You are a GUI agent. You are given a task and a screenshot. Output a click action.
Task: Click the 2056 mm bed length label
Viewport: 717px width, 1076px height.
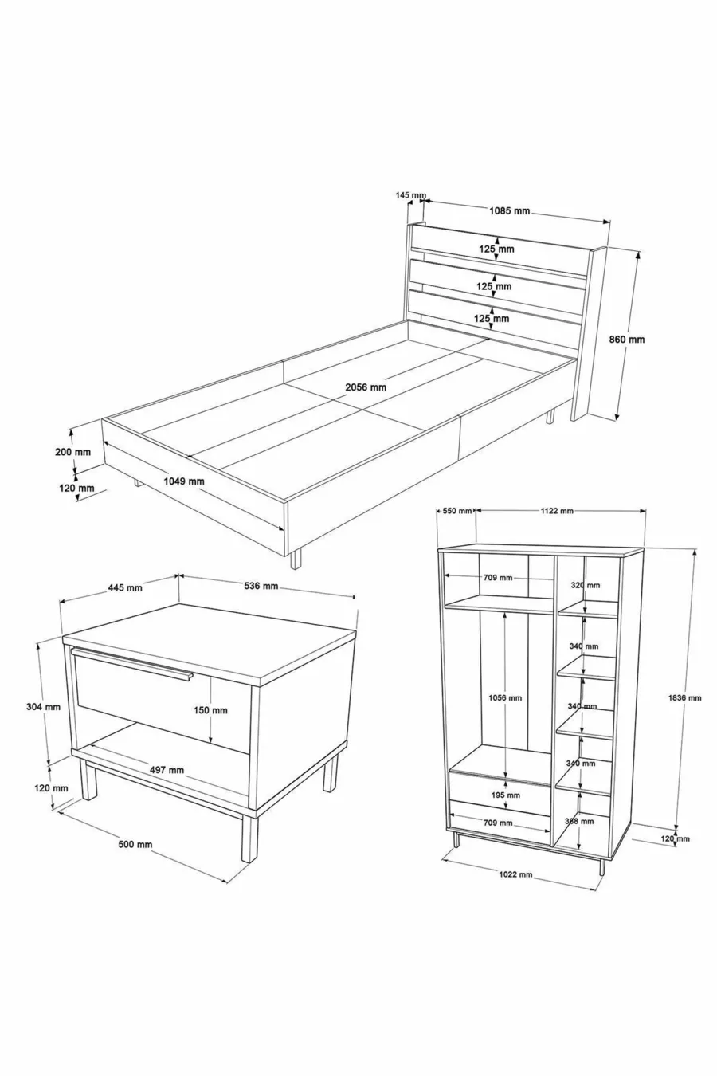coord(366,387)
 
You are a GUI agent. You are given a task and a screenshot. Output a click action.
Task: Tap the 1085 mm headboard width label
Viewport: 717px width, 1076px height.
coord(509,210)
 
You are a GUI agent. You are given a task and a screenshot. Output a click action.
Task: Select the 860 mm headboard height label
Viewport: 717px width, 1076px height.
coord(627,339)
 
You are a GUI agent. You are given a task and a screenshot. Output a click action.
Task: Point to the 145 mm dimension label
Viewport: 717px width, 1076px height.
coord(411,194)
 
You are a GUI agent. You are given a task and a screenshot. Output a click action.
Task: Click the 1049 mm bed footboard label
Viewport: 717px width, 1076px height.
coord(183,481)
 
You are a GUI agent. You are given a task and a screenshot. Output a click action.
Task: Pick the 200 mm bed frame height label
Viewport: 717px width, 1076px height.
coord(72,452)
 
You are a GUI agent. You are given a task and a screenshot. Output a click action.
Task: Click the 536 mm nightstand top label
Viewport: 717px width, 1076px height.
coord(261,586)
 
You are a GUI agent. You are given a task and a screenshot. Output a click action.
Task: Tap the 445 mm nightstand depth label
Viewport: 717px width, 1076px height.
coord(125,587)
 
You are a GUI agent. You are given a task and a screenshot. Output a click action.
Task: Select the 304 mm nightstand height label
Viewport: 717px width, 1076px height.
coord(43,707)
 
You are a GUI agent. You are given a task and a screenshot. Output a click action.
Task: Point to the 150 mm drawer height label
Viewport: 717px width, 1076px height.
coord(210,710)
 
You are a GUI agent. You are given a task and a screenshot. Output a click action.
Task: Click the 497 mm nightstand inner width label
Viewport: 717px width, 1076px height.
coord(167,769)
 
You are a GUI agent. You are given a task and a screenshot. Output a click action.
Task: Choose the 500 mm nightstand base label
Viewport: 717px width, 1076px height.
coord(135,845)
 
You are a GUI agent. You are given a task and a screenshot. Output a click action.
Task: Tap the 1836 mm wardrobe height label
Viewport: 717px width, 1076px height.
coord(685,697)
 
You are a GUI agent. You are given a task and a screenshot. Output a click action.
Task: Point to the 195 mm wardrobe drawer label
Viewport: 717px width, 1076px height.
coord(506,795)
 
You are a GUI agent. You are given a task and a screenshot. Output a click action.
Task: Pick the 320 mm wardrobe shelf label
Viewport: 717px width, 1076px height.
coord(586,585)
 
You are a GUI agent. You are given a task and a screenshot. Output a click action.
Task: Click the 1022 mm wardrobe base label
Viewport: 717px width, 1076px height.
coord(515,874)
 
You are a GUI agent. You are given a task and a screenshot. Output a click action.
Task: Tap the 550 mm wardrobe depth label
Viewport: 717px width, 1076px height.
coord(457,511)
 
